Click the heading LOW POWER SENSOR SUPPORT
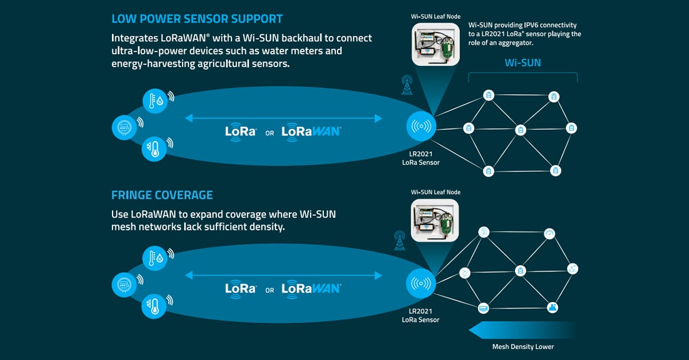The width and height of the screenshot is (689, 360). (x=197, y=19)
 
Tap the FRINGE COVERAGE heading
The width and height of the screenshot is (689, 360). (x=162, y=195)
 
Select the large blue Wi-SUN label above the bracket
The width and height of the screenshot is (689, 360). (x=522, y=63)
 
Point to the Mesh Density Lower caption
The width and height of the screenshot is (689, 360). (x=523, y=347)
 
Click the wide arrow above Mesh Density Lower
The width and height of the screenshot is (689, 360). (x=523, y=330)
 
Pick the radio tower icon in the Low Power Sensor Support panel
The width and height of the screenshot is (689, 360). (x=407, y=84)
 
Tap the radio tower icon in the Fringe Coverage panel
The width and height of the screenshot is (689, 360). (x=400, y=241)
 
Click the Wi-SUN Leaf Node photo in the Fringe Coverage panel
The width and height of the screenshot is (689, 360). (x=435, y=220)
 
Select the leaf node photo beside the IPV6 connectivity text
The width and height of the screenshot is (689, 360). (x=436, y=45)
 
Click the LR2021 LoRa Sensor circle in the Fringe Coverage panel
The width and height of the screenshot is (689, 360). (x=421, y=284)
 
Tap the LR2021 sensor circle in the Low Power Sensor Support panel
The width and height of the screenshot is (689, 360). (x=421, y=126)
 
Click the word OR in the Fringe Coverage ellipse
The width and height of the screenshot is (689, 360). (x=269, y=291)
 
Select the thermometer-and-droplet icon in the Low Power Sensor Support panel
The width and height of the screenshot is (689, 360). (x=155, y=101)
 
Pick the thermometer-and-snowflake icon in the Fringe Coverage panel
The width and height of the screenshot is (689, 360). (x=154, y=306)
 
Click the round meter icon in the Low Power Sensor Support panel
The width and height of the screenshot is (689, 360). (x=124, y=127)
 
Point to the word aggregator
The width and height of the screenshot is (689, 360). (x=516, y=43)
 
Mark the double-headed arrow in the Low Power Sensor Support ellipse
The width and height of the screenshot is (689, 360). (x=284, y=118)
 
